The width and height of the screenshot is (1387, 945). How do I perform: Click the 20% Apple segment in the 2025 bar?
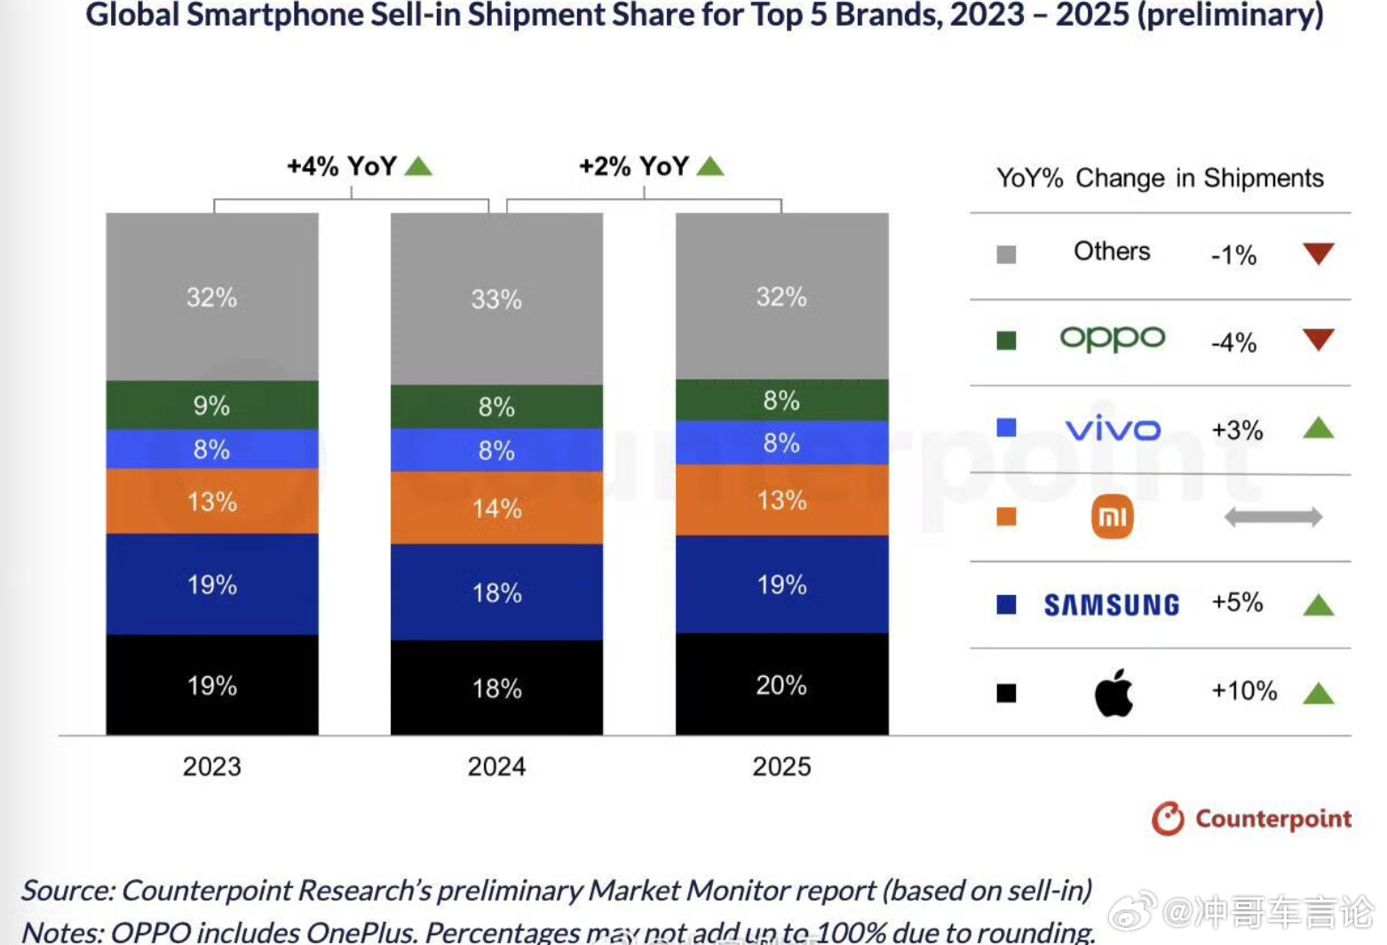coord(781,685)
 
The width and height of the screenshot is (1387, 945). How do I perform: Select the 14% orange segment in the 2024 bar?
coord(496,508)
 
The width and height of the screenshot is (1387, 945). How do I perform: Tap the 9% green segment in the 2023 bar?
coord(211,406)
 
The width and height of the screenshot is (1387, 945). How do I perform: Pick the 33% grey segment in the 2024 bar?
coord(496,299)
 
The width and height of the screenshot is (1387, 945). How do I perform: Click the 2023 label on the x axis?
coord(211,766)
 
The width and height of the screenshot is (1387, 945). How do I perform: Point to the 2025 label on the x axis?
coord(781,766)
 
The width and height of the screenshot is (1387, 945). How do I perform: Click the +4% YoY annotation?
coord(342,166)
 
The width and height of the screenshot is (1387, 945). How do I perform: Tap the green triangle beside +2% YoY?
coord(710,166)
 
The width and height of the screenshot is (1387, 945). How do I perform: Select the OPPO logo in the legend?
coord(1112,338)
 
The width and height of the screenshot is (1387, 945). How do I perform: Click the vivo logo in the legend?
coord(1112,429)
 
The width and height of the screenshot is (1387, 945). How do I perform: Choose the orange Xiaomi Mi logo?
coord(1112,517)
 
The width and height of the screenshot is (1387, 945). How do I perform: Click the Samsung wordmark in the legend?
coord(1112,605)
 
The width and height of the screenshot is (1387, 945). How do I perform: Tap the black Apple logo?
coord(1114,693)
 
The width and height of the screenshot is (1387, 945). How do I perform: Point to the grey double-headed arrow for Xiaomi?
coord(1272,517)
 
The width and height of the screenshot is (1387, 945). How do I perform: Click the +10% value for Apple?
coord(1244,691)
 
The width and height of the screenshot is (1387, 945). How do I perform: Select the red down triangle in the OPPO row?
coord(1319,339)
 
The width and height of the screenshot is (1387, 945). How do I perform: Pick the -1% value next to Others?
coord(1233,256)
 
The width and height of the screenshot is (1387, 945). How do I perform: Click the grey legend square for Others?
coord(1006,255)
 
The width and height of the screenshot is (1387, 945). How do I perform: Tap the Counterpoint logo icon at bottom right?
coord(1168,819)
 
